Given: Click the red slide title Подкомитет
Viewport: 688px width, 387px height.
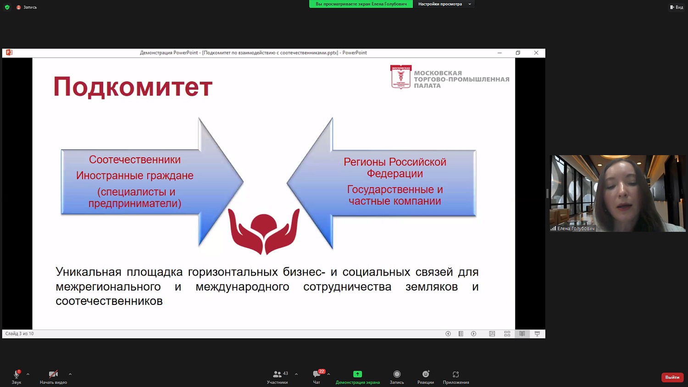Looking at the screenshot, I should [133, 87].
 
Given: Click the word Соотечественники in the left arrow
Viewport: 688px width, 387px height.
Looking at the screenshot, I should [134, 160].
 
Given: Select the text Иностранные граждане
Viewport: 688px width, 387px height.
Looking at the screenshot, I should [134, 176].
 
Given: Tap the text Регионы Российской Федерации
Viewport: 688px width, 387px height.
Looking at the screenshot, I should [394, 167].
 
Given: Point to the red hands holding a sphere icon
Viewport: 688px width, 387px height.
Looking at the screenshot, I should [264, 231].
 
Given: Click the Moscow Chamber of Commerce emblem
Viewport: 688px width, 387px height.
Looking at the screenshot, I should [400, 77].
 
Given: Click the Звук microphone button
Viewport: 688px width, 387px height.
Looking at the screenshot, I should [17, 376].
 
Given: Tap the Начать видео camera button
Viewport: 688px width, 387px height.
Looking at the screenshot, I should [53, 376].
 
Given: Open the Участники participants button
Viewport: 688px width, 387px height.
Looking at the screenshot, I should [277, 376].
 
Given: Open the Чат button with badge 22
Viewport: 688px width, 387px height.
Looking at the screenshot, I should [316, 376].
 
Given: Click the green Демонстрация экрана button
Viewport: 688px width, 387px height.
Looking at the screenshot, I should [357, 376].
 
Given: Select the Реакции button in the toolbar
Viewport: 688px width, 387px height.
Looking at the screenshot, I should [425, 376].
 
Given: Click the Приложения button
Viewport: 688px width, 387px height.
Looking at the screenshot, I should [455, 376].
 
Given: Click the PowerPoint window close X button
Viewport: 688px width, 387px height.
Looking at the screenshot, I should [536, 53].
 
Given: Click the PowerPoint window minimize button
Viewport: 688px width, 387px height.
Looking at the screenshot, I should [499, 53].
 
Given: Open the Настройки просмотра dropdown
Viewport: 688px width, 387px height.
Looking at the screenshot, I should [444, 4].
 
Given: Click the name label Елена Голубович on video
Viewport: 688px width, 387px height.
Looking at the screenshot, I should [575, 228].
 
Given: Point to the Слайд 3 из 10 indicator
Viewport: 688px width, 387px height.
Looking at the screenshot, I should [20, 334].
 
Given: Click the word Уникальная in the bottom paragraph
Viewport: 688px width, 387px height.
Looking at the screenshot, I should [89, 272].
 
